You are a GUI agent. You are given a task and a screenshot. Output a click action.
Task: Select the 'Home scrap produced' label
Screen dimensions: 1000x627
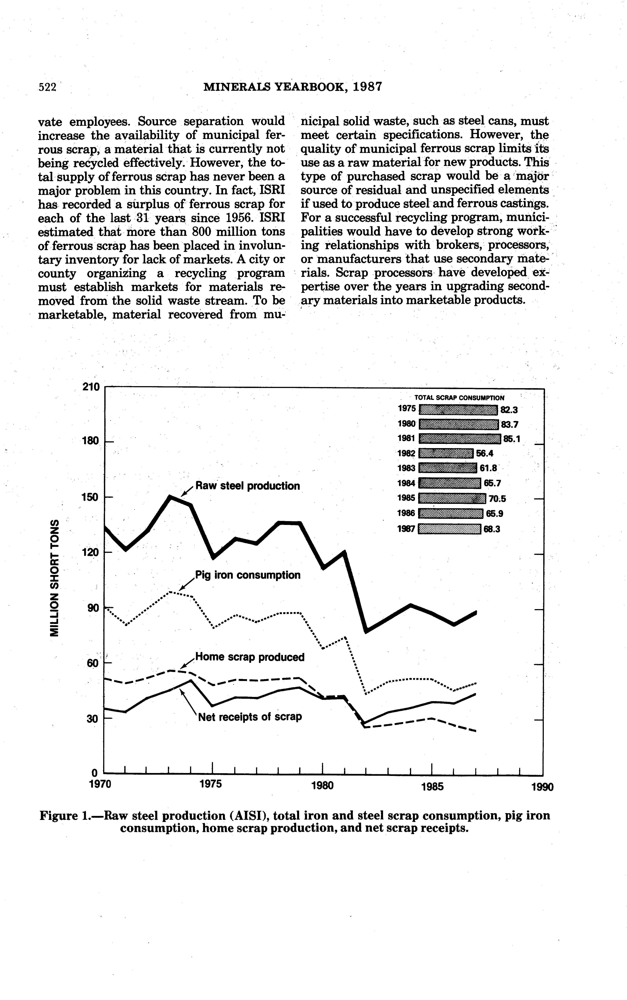pyautogui.click(x=250, y=657)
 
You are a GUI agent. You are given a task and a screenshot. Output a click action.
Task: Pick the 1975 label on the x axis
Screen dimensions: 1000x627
pyautogui.click(x=211, y=784)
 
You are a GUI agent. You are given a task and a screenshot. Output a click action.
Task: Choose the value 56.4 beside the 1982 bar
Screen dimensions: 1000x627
pyautogui.click(x=484, y=453)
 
